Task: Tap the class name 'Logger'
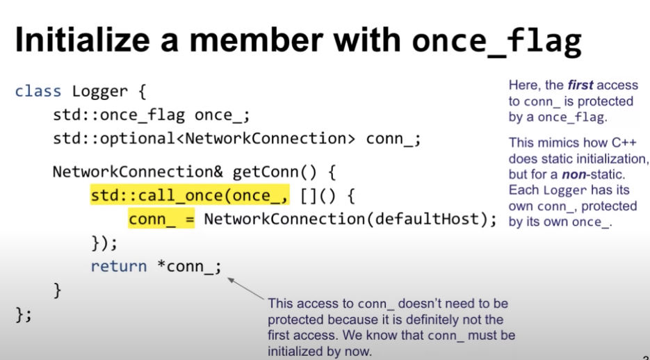(100, 91)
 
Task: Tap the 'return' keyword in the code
(119, 266)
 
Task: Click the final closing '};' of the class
(24, 314)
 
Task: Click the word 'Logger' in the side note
(560, 190)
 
